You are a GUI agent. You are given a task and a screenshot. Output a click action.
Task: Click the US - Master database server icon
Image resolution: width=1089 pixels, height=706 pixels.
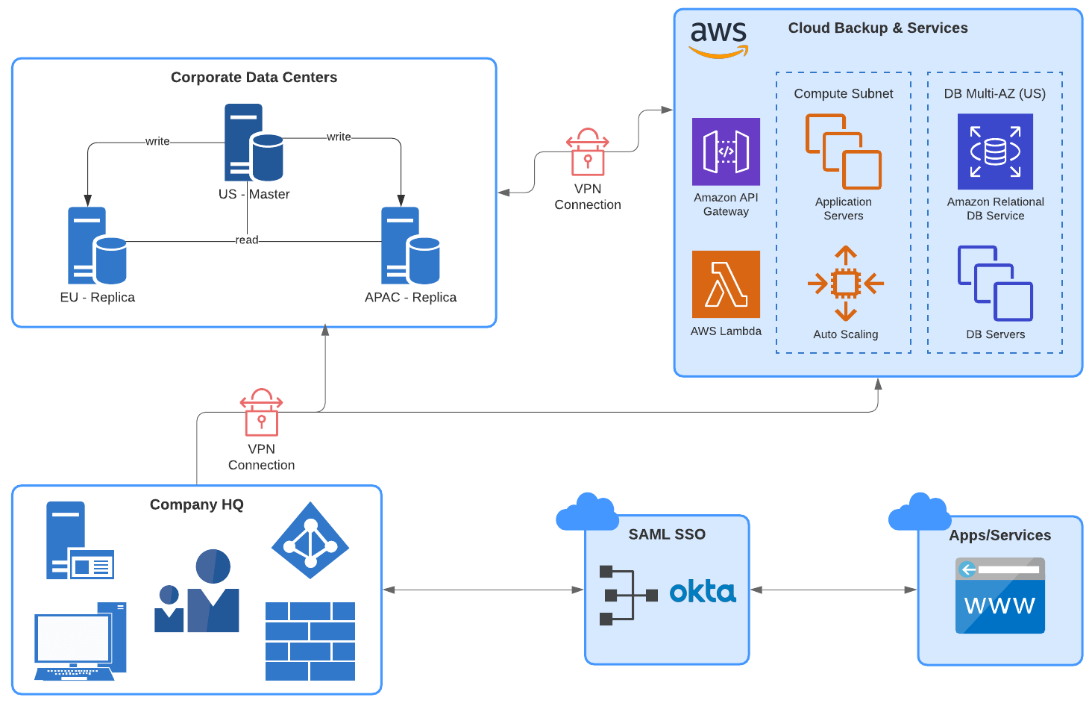click(254, 143)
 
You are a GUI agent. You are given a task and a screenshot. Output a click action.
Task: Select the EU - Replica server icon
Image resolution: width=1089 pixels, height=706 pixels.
click(97, 246)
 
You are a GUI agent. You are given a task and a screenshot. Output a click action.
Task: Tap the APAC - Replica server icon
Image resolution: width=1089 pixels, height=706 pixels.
click(410, 246)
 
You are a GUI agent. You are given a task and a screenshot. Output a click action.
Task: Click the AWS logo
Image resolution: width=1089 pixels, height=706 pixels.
click(718, 39)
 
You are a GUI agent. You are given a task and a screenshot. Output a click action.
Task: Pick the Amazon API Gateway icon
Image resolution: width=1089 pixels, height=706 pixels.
click(726, 151)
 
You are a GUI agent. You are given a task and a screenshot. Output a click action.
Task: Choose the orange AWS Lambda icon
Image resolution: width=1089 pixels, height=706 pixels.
click(726, 284)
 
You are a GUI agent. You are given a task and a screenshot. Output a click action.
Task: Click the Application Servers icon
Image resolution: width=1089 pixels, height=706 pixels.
click(844, 151)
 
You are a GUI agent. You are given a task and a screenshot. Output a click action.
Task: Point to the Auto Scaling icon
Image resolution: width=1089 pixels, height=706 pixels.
click(845, 284)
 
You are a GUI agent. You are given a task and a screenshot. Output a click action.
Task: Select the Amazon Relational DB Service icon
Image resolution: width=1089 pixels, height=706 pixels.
click(995, 151)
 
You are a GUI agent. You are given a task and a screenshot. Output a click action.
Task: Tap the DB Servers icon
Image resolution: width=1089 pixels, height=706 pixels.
click(995, 284)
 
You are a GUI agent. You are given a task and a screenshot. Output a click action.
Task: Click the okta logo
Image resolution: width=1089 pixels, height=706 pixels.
click(703, 593)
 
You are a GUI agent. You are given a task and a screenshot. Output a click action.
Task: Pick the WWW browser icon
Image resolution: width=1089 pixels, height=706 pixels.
click(999, 596)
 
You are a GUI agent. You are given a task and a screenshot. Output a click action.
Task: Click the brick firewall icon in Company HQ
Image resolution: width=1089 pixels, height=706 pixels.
click(310, 641)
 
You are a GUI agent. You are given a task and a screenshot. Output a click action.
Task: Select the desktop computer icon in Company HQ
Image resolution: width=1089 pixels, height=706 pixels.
click(80, 641)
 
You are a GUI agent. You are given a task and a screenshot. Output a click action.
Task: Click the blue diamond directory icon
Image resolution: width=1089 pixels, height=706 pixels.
click(310, 540)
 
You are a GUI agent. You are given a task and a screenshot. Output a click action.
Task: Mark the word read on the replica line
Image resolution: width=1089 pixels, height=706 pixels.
click(247, 240)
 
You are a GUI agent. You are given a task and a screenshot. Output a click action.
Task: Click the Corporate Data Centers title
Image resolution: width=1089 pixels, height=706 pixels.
click(254, 78)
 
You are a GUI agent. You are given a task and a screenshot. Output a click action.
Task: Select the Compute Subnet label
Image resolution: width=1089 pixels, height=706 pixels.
click(843, 94)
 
